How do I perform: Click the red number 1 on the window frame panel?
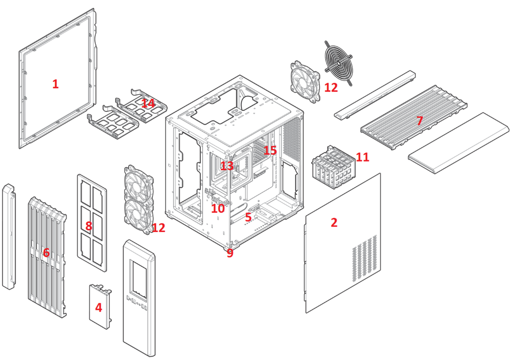[55, 84]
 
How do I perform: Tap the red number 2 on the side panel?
[334, 222]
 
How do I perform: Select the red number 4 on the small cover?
[99, 308]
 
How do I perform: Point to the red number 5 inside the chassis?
[249, 217]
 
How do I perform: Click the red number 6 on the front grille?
[46, 253]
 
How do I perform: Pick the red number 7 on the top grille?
[420, 120]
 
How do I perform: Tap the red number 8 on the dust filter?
[89, 226]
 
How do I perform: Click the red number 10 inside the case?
[218, 208]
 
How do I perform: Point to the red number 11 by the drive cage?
[362, 157]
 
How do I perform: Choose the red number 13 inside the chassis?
[227, 166]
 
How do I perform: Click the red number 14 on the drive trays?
[148, 103]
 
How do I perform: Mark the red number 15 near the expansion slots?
[270, 150]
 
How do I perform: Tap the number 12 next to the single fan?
[331, 87]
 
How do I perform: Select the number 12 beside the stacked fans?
[158, 228]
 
